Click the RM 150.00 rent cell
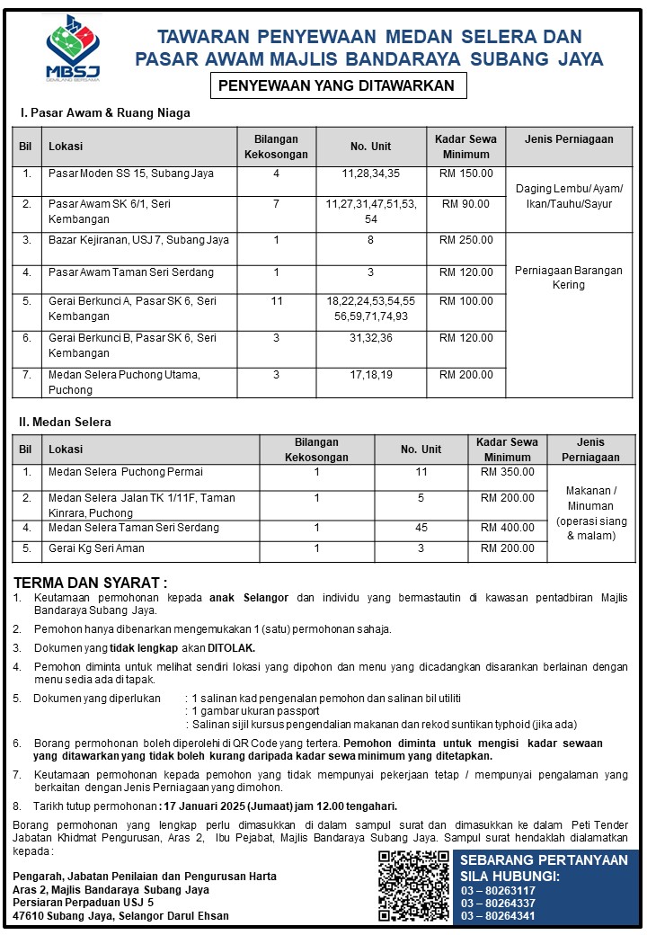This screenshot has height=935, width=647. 465,173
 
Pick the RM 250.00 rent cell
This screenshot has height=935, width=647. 465,240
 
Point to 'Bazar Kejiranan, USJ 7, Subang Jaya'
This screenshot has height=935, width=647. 138,240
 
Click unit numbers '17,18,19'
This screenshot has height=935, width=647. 371,374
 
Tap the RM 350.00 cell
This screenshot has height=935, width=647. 507,471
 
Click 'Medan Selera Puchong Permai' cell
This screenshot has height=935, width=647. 125,471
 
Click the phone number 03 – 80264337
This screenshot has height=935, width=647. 498,903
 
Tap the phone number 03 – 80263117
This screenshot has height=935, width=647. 498,889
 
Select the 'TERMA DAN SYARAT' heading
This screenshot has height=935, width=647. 91,583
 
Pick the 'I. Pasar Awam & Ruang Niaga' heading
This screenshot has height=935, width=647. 105,113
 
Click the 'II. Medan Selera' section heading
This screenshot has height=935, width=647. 65,422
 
